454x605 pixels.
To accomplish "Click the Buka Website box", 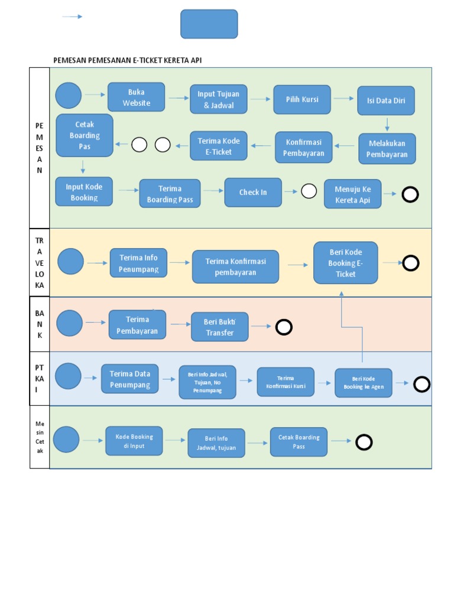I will [x=136, y=97].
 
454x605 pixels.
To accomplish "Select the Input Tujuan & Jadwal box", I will [x=219, y=100].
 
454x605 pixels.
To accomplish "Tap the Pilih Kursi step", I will [x=302, y=100].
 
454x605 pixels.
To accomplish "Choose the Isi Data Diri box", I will [x=386, y=101].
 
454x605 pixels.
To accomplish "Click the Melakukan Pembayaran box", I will [x=387, y=149].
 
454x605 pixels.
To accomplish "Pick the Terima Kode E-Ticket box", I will [x=219, y=146].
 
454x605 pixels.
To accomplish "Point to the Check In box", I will [x=253, y=193].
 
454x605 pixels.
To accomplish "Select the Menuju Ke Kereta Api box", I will [x=353, y=195].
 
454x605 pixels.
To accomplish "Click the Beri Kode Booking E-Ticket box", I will [x=346, y=263].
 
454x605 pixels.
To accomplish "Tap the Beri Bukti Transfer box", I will [x=219, y=327].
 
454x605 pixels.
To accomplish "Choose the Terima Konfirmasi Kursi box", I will [x=286, y=382].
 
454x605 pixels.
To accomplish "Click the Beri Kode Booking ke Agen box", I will [x=364, y=383].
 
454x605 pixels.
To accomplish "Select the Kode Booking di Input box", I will [x=134, y=441].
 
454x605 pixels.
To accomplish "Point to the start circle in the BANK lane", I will [x=70, y=323].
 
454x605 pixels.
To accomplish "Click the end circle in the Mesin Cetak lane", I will [x=364, y=442].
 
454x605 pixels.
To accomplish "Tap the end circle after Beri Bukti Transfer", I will [x=284, y=327].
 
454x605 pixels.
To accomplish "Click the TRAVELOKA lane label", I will [x=40, y=263].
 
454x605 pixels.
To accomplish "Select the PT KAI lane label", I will [x=40, y=379].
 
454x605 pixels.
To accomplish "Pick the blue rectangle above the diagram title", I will [x=209, y=24].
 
